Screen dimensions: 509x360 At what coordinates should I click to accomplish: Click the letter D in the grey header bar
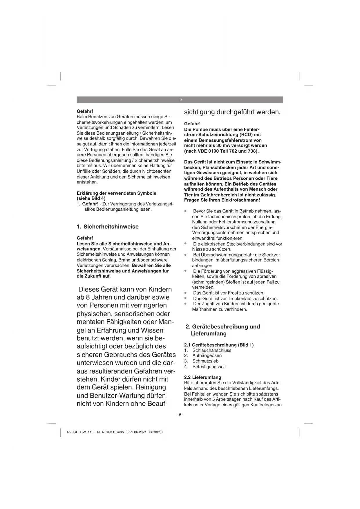[180, 100]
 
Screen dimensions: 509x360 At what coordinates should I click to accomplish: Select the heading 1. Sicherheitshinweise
[108, 227]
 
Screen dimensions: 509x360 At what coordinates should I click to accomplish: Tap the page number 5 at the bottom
[180, 415]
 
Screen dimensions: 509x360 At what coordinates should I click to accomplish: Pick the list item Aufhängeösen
[207, 355]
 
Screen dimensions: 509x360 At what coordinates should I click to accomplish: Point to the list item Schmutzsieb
[205, 361]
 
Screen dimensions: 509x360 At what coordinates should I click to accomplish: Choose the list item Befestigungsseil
[209, 367]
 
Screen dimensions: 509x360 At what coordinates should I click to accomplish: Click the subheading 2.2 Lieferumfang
[202, 377]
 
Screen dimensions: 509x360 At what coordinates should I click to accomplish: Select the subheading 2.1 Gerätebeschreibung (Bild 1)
[219, 345]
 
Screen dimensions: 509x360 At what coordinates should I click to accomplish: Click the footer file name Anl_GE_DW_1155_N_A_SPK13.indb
[95, 432]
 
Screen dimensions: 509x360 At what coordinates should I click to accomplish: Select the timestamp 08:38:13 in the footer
[156, 432]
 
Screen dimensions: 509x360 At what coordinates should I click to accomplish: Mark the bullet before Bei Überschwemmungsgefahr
[185, 255]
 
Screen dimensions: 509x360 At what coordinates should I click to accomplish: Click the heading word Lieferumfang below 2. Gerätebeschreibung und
[208, 334]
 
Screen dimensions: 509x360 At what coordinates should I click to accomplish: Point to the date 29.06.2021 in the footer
[138, 432]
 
